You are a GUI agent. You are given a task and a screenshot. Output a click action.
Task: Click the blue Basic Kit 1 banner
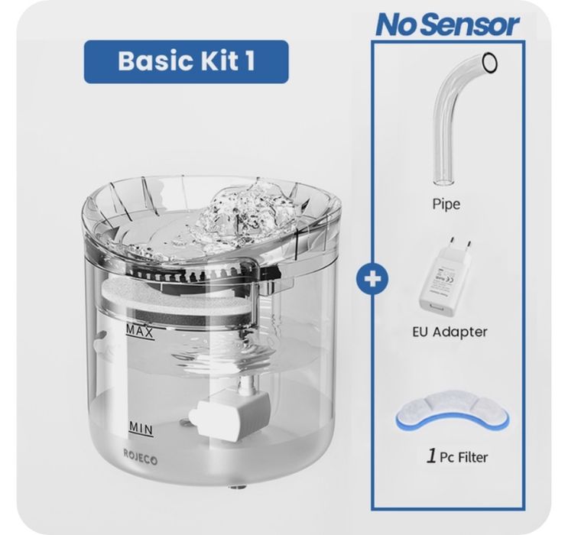187,62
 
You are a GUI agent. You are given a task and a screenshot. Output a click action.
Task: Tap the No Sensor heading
448,24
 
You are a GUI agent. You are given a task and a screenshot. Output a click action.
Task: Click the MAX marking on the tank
140,332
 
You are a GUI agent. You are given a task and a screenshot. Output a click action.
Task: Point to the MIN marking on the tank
141,429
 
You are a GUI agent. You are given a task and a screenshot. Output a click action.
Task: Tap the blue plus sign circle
372,279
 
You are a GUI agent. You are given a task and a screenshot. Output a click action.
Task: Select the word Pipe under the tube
446,204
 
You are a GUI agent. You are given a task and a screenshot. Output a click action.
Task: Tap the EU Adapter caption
450,332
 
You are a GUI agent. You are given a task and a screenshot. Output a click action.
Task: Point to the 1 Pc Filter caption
457,457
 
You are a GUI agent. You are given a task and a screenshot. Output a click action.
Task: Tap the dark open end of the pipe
489,63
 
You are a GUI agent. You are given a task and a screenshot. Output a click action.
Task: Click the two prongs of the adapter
460,244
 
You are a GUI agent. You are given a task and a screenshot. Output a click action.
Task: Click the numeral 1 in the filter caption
431,456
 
